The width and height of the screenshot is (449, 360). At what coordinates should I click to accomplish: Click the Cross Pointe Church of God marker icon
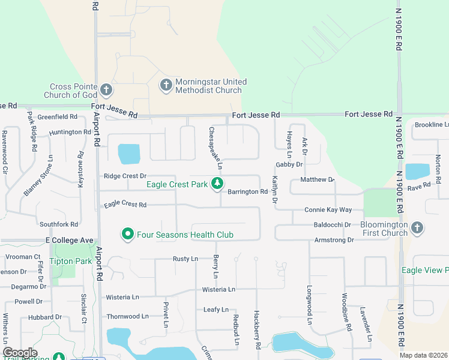coord(106,91)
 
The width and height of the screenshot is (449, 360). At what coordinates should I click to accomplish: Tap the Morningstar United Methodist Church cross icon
coord(166,86)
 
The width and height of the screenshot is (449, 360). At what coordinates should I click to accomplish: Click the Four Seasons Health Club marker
coord(127,235)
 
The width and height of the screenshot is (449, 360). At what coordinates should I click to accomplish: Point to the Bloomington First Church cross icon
coord(418,228)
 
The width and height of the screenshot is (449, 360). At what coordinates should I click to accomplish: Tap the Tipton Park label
coord(71,262)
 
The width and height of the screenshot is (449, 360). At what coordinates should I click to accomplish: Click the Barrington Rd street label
coord(247,192)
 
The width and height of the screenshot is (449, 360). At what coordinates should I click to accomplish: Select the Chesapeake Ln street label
coord(215,147)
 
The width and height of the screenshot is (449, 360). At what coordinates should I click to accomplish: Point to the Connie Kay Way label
coord(328,210)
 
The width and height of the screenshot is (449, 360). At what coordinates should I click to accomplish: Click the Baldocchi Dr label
coord(332,224)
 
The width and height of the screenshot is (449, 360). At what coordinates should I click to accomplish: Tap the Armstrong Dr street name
coord(334,240)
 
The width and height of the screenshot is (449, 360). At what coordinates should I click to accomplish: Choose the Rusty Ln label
coord(185,259)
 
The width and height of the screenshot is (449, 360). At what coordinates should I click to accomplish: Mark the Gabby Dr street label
coord(288,164)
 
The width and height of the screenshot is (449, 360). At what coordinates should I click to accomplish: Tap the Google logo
coord(20,353)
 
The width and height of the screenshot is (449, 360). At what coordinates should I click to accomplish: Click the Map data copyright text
coord(423,355)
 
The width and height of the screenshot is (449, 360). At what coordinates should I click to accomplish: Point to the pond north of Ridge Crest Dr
coord(129,154)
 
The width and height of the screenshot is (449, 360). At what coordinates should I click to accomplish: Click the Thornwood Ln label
coord(127,316)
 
